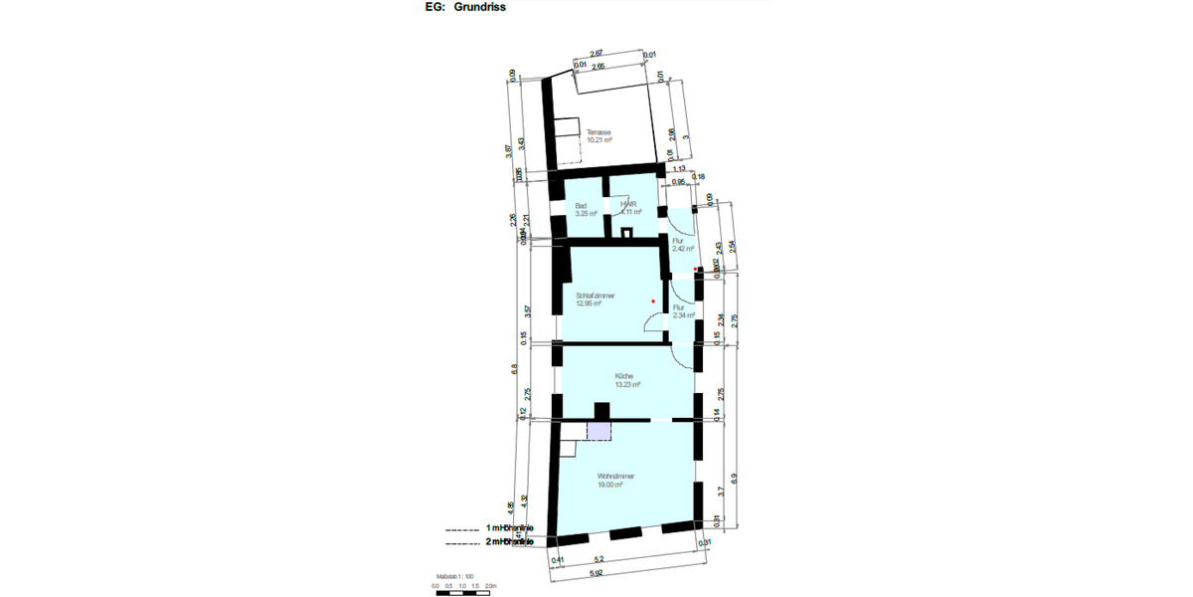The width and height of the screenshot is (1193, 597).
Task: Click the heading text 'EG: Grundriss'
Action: (466, 8)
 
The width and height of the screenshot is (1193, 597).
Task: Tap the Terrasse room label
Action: (598, 132)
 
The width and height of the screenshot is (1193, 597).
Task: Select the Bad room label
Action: (581, 206)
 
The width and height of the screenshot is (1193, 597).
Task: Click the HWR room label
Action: (627, 206)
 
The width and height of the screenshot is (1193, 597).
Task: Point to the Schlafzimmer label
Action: (596, 296)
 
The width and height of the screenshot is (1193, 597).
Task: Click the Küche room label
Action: (624, 376)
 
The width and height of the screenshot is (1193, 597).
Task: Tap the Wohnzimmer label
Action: (616, 477)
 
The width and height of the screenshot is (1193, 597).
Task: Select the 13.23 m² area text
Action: (627, 384)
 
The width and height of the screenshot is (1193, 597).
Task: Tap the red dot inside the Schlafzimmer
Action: (653, 300)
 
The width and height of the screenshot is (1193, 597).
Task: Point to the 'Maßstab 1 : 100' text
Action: (453, 575)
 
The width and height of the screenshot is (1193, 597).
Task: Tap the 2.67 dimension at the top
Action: (596, 53)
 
